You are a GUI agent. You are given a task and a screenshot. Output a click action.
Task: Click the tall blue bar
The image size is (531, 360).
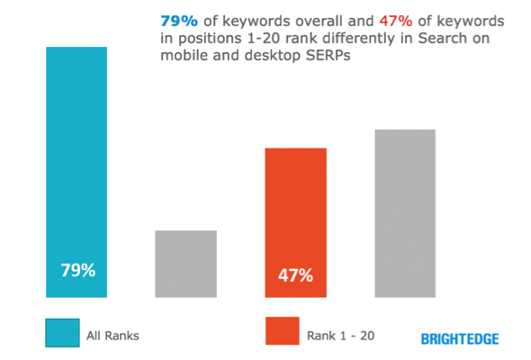click(x=76, y=171)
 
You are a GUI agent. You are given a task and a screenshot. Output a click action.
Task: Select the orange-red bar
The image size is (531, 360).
click(x=295, y=221)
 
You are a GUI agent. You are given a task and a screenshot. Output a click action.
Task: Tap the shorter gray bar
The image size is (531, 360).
click(x=186, y=263)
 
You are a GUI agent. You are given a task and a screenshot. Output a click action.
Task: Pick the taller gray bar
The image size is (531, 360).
click(x=405, y=212)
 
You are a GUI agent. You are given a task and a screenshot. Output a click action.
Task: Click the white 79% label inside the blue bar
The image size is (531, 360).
click(x=76, y=269)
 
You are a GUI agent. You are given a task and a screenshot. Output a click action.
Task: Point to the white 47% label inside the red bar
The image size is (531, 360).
click(x=295, y=274)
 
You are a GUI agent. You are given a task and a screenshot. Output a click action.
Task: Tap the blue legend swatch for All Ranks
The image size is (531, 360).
click(x=61, y=331)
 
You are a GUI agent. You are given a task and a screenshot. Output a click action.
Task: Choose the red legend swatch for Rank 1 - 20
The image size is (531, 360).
click(x=281, y=331)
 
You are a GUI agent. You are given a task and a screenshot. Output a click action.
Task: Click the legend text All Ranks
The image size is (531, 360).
click(x=112, y=336)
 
